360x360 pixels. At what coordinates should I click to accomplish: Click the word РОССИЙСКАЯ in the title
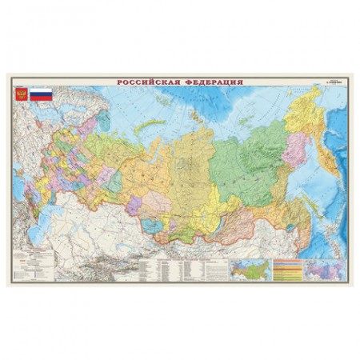pyautogui.click(x=146, y=80)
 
